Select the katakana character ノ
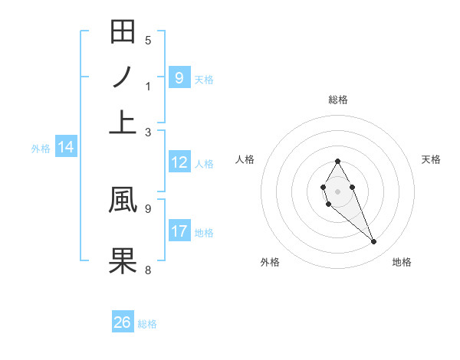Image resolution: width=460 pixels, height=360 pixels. [123, 78]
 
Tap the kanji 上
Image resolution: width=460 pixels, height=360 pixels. [123, 123]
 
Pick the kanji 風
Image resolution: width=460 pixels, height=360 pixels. [123, 198]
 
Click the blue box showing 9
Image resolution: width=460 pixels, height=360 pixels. [179, 77]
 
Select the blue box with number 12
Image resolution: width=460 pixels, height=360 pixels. [179, 162]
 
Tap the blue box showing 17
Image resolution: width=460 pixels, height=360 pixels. [179, 231]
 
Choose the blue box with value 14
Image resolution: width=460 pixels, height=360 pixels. [66, 148]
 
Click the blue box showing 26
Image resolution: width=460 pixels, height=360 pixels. [123, 322]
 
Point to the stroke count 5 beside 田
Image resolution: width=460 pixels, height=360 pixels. [148, 41]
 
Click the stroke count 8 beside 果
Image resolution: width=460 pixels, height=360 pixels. [148, 270]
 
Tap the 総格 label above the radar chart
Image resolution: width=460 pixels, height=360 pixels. [338, 100]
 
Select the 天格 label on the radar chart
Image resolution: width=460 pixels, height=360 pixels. [431, 159]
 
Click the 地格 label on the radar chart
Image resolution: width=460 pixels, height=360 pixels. [402, 262]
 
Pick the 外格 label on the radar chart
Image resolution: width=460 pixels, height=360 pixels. [270, 262]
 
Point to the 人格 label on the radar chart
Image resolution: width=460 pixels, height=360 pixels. [245, 159]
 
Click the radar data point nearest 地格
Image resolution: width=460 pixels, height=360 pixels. [374, 242]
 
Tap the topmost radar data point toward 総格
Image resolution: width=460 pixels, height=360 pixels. [338, 161]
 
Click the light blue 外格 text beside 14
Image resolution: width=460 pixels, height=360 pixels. [40, 149]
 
